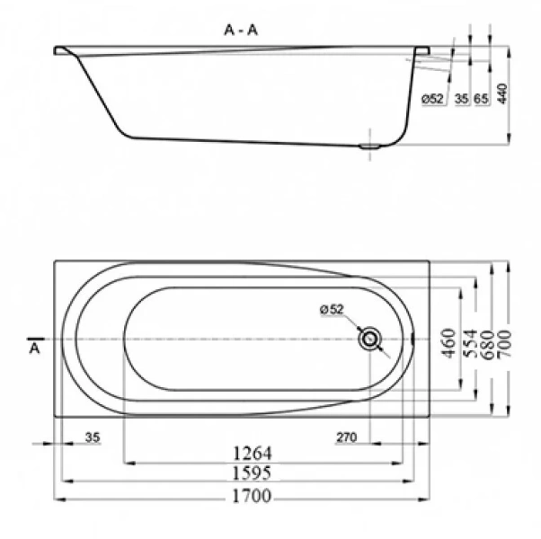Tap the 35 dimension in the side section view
[462, 99]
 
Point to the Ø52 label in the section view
[432, 99]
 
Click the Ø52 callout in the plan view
[332, 310]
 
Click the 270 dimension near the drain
[347, 437]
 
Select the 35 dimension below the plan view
[92, 437]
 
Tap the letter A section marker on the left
[35, 346]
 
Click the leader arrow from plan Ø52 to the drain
[352, 324]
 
